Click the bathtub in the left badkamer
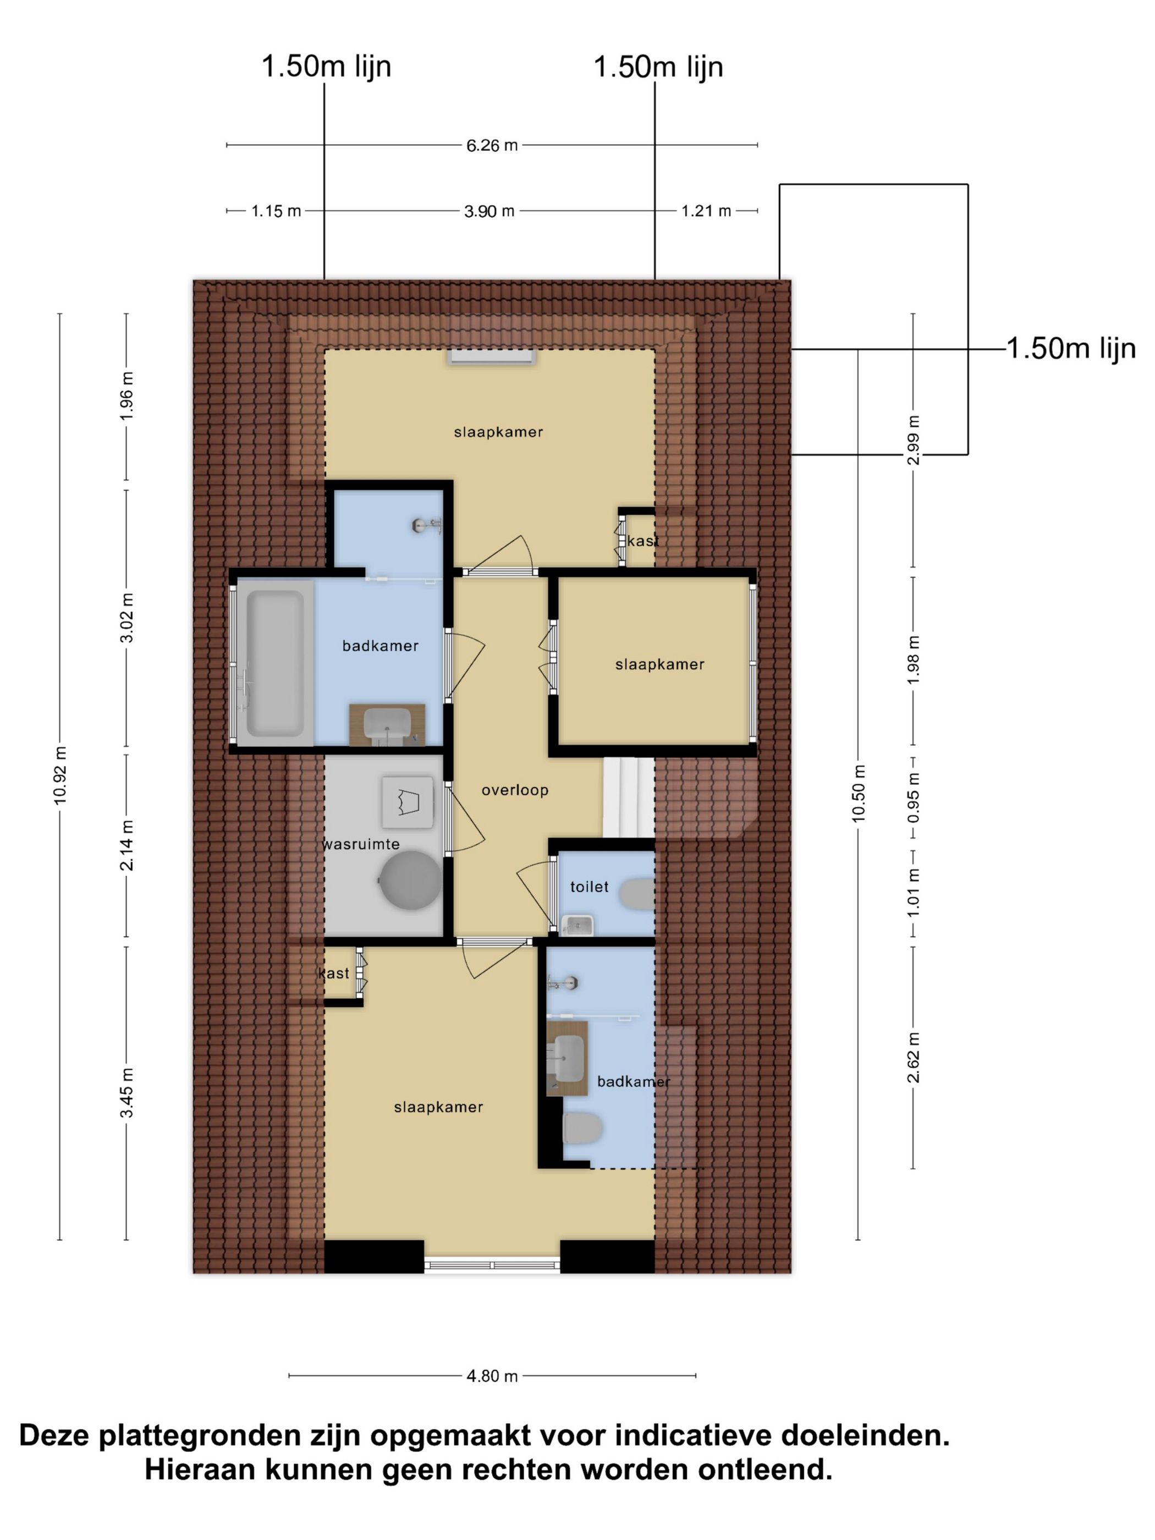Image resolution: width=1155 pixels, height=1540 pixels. pyautogui.click(x=275, y=662)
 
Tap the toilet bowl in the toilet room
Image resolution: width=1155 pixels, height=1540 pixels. pyautogui.click(x=637, y=893)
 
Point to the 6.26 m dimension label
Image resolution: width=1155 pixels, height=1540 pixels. pyautogui.click(x=492, y=146)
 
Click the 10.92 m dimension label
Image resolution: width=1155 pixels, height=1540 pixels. pyautogui.click(x=61, y=775)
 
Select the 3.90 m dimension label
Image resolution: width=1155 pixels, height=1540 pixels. pyautogui.click(x=489, y=211)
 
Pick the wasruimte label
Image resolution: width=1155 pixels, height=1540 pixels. pyautogui.click(x=361, y=844)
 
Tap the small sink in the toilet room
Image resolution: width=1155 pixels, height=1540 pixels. pyautogui.click(x=577, y=925)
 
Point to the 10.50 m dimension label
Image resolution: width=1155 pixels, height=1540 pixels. pyautogui.click(x=859, y=793)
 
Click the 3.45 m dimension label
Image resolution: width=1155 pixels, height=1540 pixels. pyautogui.click(x=127, y=1092)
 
